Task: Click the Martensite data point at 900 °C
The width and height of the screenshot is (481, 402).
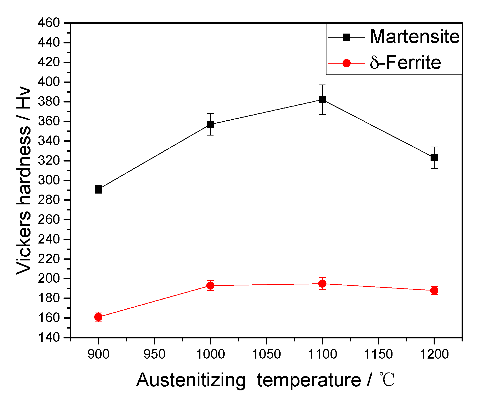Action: pyautogui.click(x=98, y=189)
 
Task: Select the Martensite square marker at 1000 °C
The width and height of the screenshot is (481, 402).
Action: pyautogui.click(x=210, y=124)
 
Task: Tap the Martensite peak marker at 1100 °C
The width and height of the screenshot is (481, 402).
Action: pyautogui.click(x=322, y=100)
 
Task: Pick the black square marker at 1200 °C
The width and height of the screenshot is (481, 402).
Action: pyautogui.click(x=434, y=158)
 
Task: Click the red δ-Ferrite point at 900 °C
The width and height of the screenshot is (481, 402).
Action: pyautogui.click(x=98, y=317)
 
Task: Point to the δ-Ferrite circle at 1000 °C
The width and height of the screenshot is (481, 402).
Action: pyautogui.click(x=210, y=286)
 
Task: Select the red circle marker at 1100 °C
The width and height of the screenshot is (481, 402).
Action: pyautogui.click(x=322, y=284)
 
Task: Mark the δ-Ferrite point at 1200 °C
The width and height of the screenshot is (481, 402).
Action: pyautogui.click(x=434, y=290)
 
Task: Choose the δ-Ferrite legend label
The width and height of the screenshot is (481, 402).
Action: pyautogui.click(x=405, y=63)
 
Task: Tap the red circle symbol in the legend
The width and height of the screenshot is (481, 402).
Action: pyautogui.click(x=347, y=63)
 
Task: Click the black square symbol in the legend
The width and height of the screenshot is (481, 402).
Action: pyautogui.click(x=347, y=37)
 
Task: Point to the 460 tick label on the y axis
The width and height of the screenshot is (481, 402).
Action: pyautogui.click(x=49, y=23)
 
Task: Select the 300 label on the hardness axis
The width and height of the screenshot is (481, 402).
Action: pyautogui.click(x=49, y=180)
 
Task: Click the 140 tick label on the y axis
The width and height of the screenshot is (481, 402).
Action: pyautogui.click(x=49, y=338)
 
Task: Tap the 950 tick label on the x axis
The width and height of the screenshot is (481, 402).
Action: pyautogui.click(x=154, y=354)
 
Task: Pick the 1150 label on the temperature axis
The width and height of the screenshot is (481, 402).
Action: pyautogui.click(x=378, y=354)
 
